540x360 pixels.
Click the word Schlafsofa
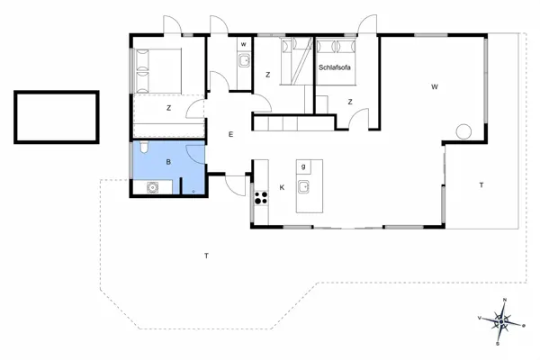pyautogui.click(x=336, y=67)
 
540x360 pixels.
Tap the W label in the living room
pyautogui.click(x=434, y=87)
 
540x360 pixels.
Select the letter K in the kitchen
pyautogui.click(x=282, y=187)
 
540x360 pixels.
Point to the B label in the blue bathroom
pyautogui.click(x=168, y=162)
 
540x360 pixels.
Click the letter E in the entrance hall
pyautogui.click(x=230, y=135)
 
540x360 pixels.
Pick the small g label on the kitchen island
pyautogui.click(x=304, y=166)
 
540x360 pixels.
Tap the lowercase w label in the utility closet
pyautogui.click(x=243, y=44)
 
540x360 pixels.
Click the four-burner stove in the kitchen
pyautogui.click(x=261, y=199)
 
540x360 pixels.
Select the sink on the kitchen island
pyautogui.click(x=305, y=187)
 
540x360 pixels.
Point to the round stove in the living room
pyautogui.click(x=463, y=132)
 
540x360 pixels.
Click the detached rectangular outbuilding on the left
pyautogui.click(x=55, y=117)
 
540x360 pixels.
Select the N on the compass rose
pyautogui.click(x=505, y=299)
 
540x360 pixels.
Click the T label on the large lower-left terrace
pyautogui.click(x=206, y=256)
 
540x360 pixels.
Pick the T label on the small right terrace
pyautogui.click(x=481, y=184)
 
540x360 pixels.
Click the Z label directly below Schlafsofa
pyautogui.click(x=349, y=102)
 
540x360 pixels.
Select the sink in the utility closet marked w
pyautogui.click(x=243, y=61)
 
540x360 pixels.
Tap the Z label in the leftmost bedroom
pyautogui.click(x=168, y=108)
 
